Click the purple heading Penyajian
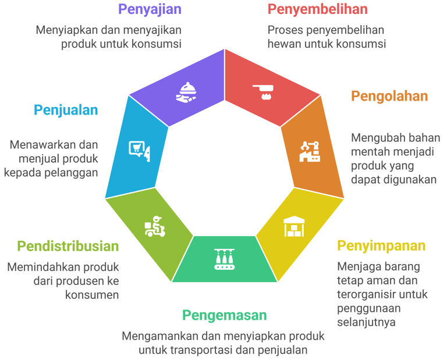[150, 9]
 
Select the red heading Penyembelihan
[317, 9]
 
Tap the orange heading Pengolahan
[389, 96]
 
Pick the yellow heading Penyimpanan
[381, 245]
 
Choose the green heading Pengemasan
[224, 315]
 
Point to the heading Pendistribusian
[68, 246]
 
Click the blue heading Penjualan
[66, 110]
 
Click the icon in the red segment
[265, 91]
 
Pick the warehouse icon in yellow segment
[294, 227]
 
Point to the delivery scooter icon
[154, 227]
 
